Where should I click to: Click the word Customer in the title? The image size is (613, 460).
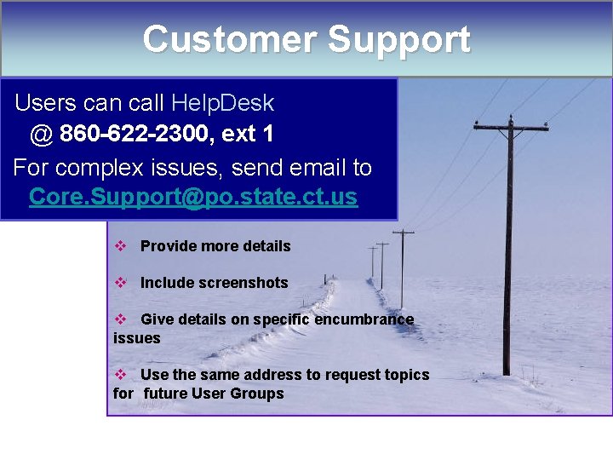pos(227,39)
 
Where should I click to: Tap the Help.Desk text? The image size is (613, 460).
pos(222,103)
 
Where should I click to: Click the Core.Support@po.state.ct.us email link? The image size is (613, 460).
pos(193,197)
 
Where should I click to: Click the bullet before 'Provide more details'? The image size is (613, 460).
pos(121,246)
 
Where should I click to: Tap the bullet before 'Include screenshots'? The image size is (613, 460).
pos(121,283)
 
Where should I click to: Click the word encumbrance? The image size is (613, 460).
pos(364,319)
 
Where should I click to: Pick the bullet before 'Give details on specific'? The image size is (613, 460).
pos(121,319)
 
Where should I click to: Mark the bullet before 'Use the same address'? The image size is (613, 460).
pos(121,375)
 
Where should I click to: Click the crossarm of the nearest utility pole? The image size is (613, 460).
pos(511,129)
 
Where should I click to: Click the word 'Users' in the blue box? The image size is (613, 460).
pos(46,103)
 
